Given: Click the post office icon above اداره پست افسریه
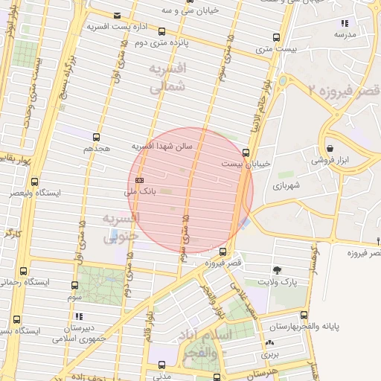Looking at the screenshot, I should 118,16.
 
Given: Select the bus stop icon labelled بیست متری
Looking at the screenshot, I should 277,37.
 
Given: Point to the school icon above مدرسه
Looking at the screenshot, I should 344,23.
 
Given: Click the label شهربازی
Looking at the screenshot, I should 284,185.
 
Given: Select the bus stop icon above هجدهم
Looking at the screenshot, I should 96,137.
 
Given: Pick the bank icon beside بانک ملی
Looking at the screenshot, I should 140,180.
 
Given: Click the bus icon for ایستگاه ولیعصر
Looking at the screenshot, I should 34,182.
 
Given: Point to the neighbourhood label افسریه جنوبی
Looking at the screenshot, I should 121,226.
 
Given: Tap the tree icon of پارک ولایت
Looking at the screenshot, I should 278,270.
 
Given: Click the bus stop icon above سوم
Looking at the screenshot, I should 74,285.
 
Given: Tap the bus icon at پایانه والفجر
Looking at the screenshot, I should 304,315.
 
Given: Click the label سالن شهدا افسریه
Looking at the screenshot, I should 162,146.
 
